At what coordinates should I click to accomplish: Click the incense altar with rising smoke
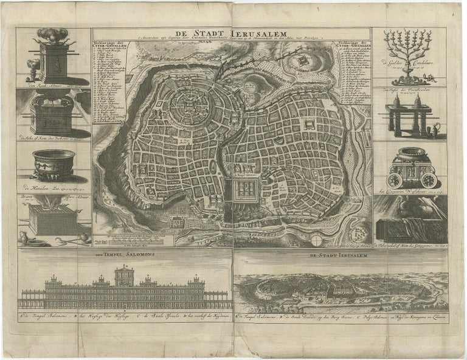(52, 57)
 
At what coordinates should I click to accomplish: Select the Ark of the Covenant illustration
(52, 119)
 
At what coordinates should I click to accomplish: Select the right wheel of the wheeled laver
(429, 180)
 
